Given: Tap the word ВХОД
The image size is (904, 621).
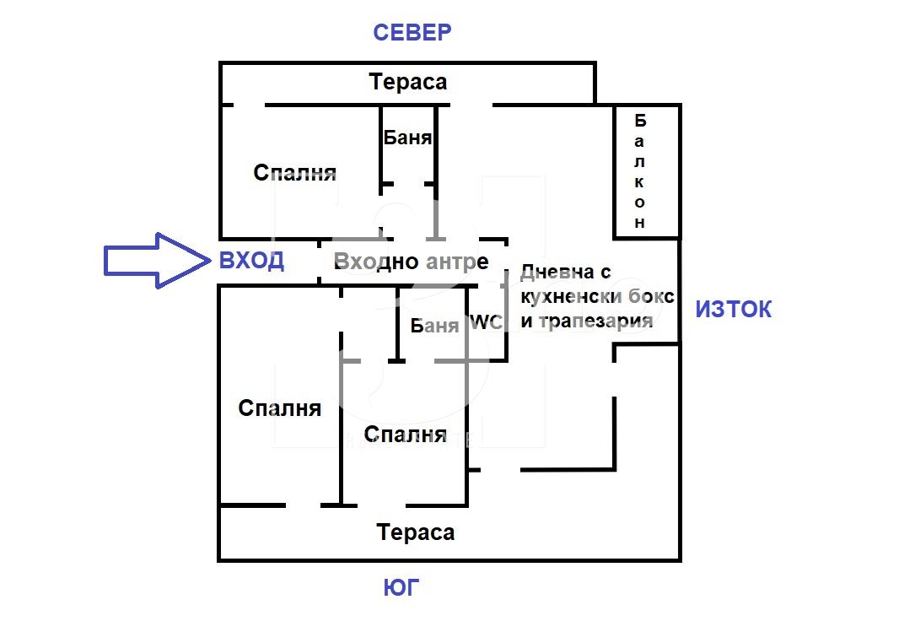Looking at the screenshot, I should tap(251, 261).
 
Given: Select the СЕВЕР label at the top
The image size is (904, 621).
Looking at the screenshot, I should tap(412, 33).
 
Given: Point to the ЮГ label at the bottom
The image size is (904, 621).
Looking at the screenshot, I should tap(401, 588).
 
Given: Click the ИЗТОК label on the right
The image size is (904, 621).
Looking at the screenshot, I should tap(733, 310).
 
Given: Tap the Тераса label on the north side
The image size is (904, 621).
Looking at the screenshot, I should tap(408, 83).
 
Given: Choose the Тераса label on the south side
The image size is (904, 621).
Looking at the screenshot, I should tap(416, 532).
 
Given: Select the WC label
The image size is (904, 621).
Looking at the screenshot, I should tap(485, 322).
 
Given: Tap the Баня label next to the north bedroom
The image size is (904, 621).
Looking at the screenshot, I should tap(407, 138).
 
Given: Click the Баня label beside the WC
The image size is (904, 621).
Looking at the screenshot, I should tap(434, 326).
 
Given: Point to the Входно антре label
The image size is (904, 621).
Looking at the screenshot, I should tap(412, 262).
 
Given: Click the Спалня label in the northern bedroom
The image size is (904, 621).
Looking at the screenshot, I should tap(295, 173).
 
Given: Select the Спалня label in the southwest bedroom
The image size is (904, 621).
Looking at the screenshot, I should tap(280, 408).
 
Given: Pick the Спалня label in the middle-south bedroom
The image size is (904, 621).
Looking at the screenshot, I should tap(405, 435).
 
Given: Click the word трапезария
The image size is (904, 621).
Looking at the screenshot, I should tap(595, 321).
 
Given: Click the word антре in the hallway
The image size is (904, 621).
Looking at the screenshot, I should tap(458, 262).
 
